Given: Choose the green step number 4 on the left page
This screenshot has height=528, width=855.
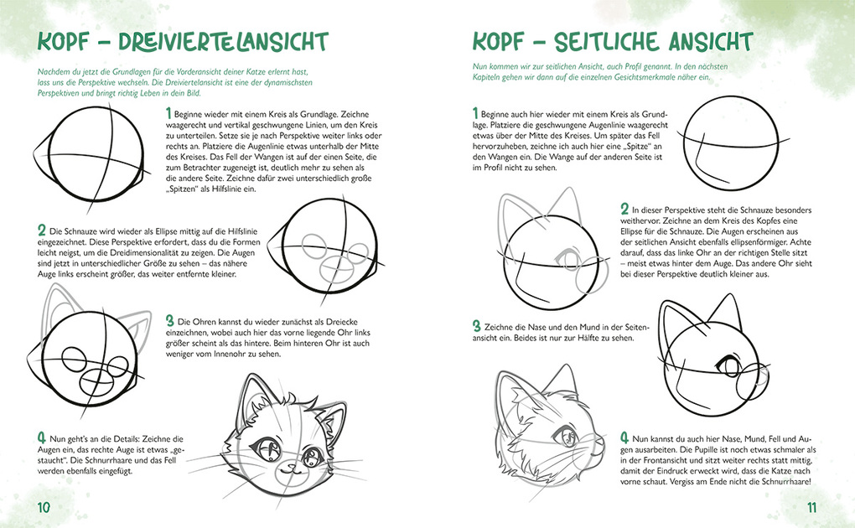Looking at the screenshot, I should [41, 437].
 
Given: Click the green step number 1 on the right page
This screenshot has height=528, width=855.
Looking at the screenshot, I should [475, 113].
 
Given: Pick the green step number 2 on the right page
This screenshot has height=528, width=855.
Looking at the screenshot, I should [624, 209].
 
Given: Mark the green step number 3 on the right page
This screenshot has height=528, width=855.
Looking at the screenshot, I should [475, 326].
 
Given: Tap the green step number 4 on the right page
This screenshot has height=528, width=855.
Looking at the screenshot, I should [624, 437].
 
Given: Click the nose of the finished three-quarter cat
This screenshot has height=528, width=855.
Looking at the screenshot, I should [289, 465].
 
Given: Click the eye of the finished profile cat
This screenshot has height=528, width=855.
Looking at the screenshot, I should [568, 435].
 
